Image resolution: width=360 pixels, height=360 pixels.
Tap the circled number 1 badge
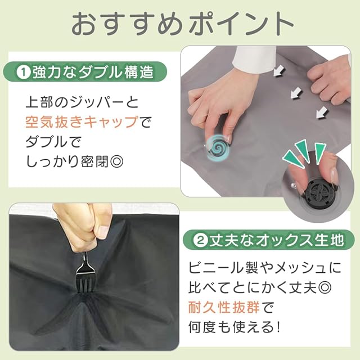pyautogui.click(x=24, y=73)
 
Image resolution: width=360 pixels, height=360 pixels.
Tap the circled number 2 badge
pyautogui.click(x=201, y=241)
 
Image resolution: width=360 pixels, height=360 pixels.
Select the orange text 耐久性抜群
pyautogui.click(x=224, y=307)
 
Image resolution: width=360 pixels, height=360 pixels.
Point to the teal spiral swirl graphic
pyautogui.click(x=218, y=147)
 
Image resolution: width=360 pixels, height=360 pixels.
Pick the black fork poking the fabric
pyautogui.click(x=85, y=273)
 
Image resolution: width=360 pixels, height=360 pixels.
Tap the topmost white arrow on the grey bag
pyautogui.click(x=279, y=70)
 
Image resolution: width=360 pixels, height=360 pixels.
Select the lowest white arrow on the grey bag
pyautogui.click(x=322, y=112)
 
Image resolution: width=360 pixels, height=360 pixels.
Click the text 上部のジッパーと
pyautogui.click(x=82, y=102)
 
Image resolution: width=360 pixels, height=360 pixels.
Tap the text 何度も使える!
pyautogui.click(x=235, y=327)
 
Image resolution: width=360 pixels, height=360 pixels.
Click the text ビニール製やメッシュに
pyautogui.click(x=265, y=268)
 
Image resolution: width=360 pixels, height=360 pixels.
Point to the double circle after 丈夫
pyautogui.click(x=324, y=287)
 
